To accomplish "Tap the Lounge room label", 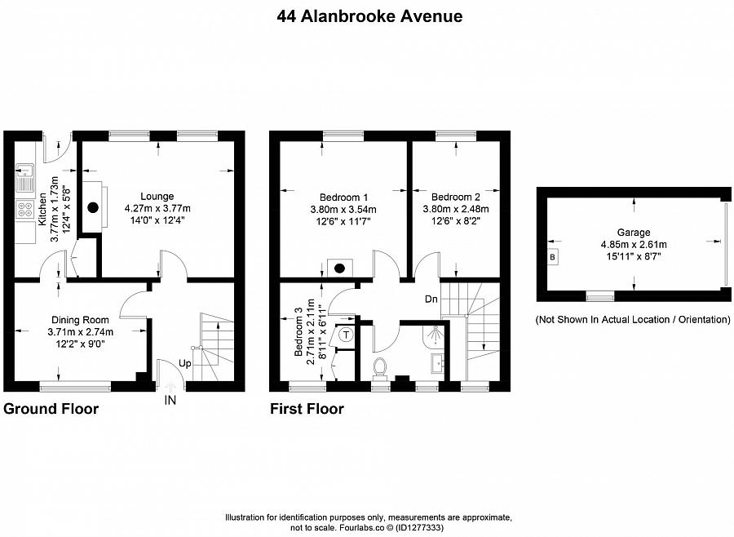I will (x=157, y=196).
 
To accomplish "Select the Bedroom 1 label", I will (x=343, y=197).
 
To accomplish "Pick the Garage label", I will (x=634, y=232).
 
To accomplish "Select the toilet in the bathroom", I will (x=380, y=367).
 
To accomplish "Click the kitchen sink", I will (x=22, y=171).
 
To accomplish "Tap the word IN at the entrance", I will (x=170, y=400).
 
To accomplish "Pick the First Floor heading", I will (x=307, y=409).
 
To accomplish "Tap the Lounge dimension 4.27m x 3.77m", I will (x=157, y=208).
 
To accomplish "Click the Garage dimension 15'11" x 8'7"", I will (x=634, y=255).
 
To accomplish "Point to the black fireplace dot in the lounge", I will (x=94, y=206).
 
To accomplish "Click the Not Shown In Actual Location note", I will (x=633, y=319).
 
